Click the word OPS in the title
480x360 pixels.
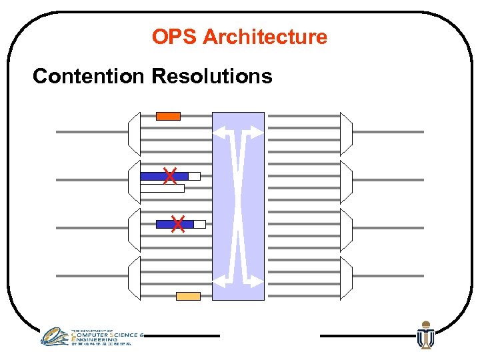(x=175, y=37)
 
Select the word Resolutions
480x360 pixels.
(x=212, y=76)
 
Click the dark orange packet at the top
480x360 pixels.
(x=168, y=116)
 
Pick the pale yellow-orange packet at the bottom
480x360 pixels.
(x=188, y=296)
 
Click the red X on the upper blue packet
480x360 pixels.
(x=170, y=176)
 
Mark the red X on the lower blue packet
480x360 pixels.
(x=177, y=224)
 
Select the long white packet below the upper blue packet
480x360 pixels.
(x=162, y=188)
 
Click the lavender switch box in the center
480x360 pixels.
(x=238, y=207)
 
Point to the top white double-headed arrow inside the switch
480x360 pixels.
(x=238, y=131)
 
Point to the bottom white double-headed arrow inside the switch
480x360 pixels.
(x=238, y=280)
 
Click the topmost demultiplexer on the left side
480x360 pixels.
(x=134, y=134)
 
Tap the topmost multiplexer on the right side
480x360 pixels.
(x=346, y=134)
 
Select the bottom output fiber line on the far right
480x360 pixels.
(x=388, y=276)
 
